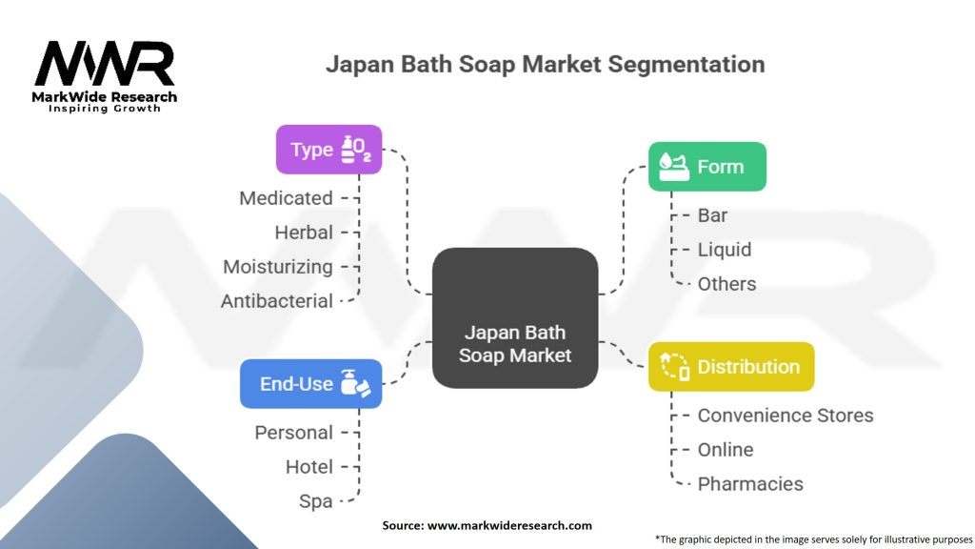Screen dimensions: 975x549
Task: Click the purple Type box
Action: click(x=328, y=150)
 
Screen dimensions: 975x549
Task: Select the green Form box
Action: click(x=707, y=167)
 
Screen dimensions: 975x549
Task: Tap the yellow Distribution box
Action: click(x=731, y=367)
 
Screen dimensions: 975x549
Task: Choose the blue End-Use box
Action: click(x=311, y=384)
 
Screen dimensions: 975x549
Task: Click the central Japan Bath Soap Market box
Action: click(x=515, y=318)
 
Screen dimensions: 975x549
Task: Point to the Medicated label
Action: click(x=286, y=198)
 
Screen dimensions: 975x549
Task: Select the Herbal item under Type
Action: click(x=304, y=233)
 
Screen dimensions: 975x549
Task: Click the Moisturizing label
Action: click(x=278, y=267)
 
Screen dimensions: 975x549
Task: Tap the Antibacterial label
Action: click(x=277, y=301)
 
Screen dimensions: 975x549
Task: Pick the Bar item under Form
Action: click(x=712, y=215)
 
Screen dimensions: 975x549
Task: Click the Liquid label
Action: click(x=725, y=250)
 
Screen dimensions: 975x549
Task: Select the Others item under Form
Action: click(x=726, y=284)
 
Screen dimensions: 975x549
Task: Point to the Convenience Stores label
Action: click(x=786, y=416)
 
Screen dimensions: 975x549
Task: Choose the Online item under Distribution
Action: click(x=726, y=450)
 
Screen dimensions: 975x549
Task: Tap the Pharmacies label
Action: click(x=750, y=483)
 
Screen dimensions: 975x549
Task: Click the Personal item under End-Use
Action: click(x=293, y=433)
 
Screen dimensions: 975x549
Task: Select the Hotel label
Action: click(x=309, y=467)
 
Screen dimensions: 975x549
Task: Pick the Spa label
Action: click(x=316, y=501)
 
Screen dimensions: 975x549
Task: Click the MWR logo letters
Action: click(x=105, y=64)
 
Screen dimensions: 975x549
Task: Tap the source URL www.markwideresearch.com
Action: click(x=510, y=525)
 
